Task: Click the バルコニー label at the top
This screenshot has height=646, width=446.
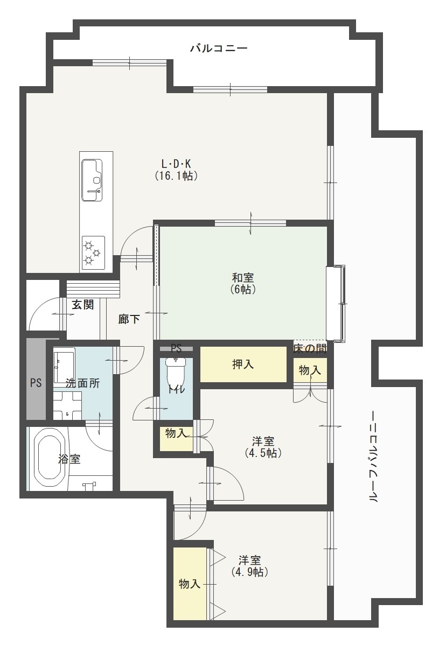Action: (219, 49)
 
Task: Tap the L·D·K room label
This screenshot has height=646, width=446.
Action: (176, 163)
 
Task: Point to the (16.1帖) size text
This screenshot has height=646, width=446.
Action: (176, 175)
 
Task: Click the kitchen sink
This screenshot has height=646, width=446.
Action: (92, 180)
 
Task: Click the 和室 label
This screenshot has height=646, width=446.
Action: (243, 278)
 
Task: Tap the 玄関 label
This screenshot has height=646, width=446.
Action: (83, 305)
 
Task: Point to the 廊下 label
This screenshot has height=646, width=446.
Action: (129, 319)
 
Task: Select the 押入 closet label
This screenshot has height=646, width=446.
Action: (243, 364)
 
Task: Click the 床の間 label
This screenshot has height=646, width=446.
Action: (310, 348)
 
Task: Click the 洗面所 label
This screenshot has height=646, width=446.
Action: (82, 384)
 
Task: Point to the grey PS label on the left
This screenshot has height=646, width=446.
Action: (36, 383)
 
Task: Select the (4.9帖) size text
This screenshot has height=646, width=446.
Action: (250, 572)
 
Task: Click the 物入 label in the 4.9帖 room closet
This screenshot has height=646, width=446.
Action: (190, 584)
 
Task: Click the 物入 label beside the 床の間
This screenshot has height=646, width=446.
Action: (310, 370)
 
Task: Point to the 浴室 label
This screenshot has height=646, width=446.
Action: (70, 459)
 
